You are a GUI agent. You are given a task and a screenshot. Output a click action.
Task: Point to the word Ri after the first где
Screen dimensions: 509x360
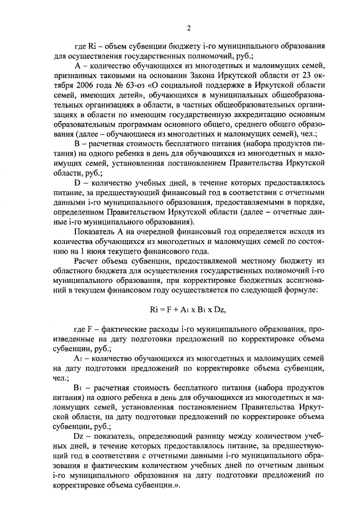point(92,46)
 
